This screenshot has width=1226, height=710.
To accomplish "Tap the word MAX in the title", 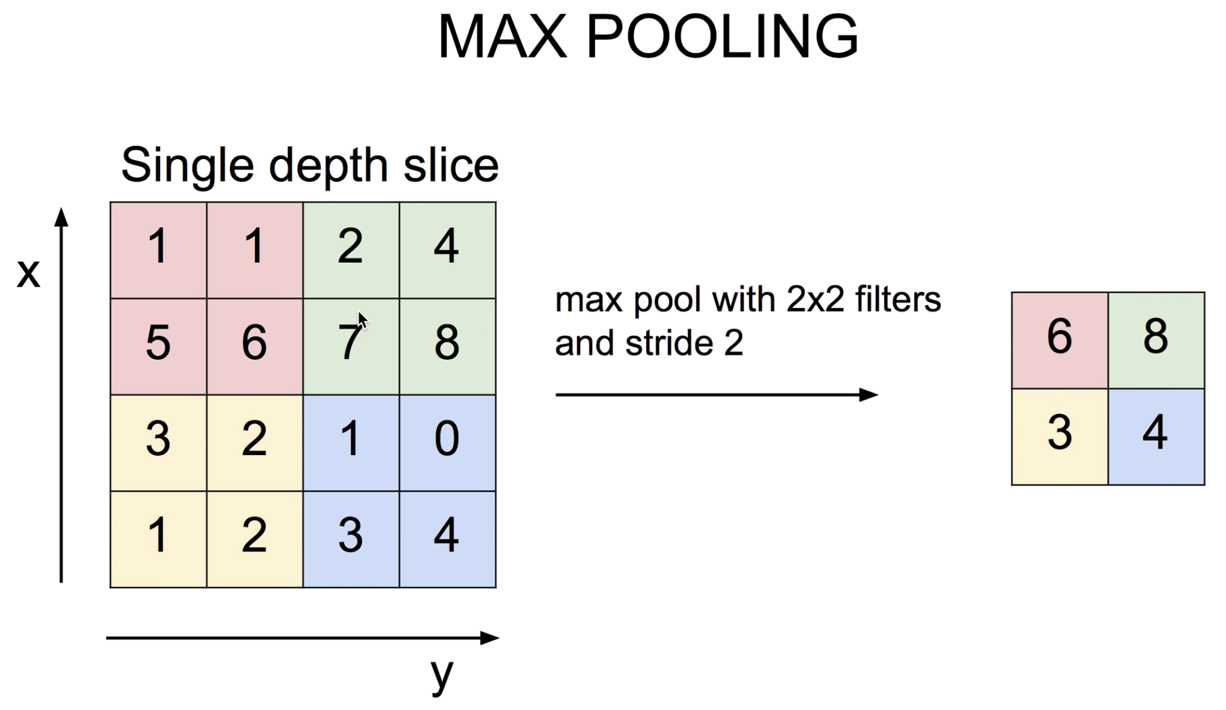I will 503,37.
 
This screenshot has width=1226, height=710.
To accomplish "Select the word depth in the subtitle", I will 328,166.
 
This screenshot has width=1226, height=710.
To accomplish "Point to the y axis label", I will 442,675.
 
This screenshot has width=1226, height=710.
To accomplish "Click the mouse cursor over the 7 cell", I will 362,320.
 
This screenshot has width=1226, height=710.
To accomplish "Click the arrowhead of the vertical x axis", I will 61,217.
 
